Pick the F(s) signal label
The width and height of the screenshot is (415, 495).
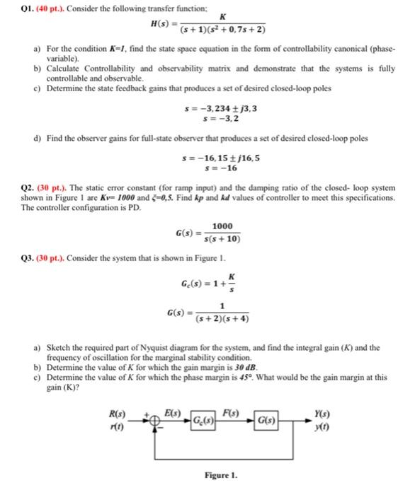pyautogui.click(x=229, y=414)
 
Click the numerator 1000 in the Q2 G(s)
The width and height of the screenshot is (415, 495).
pyautogui.click(x=223, y=226)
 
